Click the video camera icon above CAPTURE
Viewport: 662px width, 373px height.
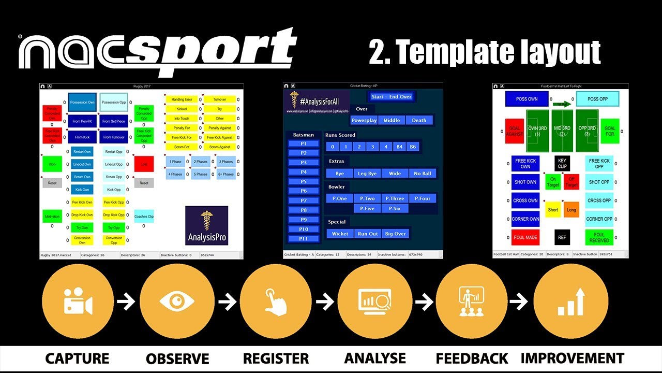tap(77, 301)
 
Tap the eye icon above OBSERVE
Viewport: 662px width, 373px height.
tap(177, 301)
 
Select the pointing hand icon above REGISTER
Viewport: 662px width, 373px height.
tap(277, 301)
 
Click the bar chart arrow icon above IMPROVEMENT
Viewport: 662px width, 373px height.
tap(570, 301)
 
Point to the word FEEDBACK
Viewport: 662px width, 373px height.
tap(472, 358)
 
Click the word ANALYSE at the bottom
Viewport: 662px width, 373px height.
tap(375, 358)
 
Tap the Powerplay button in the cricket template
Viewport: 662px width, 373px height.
tap(364, 120)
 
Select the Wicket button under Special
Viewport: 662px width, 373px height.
tap(340, 234)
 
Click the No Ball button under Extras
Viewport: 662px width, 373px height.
tap(423, 173)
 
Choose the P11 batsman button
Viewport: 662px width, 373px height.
tap(304, 239)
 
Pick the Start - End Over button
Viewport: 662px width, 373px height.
tap(392, 97)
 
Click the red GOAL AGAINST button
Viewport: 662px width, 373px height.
tap(515, 131)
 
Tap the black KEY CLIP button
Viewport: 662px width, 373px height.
tap(562, 164)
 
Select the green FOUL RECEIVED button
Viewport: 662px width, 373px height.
tap(599, 238)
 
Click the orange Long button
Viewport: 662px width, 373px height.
tap(571, 210)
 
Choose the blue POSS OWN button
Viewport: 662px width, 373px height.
tap(526, 99)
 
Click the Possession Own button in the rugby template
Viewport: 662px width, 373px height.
tap(82, 102)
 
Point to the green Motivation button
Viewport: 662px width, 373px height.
tap(52, 217)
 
